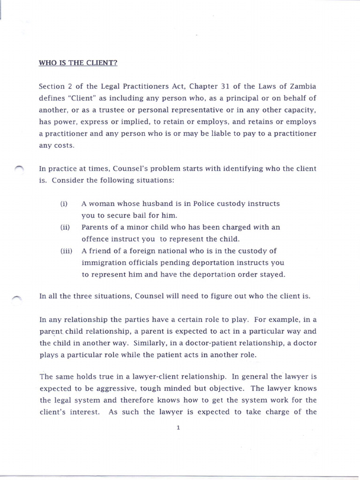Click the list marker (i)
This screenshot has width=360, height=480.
(64, 204)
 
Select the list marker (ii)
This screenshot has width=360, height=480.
(65, 227)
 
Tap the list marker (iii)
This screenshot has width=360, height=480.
(66, 251)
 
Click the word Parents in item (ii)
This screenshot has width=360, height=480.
(95, 227)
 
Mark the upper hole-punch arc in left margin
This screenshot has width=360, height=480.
(19, 168)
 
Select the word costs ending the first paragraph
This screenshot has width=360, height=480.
(65, 146)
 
